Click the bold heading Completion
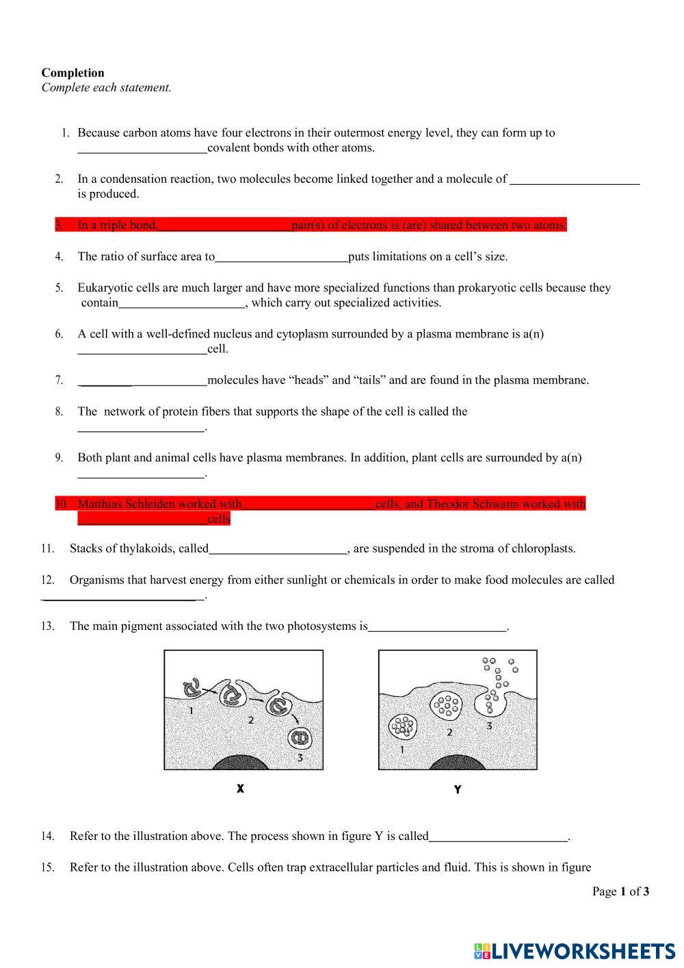click(x=73, y=73)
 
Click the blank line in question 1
click(x=142, y=151)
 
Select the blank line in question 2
click(x=575, y=182)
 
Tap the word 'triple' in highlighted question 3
click(x=115, y=225)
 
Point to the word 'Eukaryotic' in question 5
click(x=104, y=288)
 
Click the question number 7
click(x=60, y=380)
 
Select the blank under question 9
click(x=141, y=475)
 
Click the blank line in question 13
click(x=436, y=629)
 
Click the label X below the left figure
click(x=241, y=789)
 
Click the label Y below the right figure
click(x=458, y=789)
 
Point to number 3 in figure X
click(x=300, y=757)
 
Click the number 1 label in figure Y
click(x=402, y=750)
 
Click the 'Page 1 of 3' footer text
click(x=620, y=891)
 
